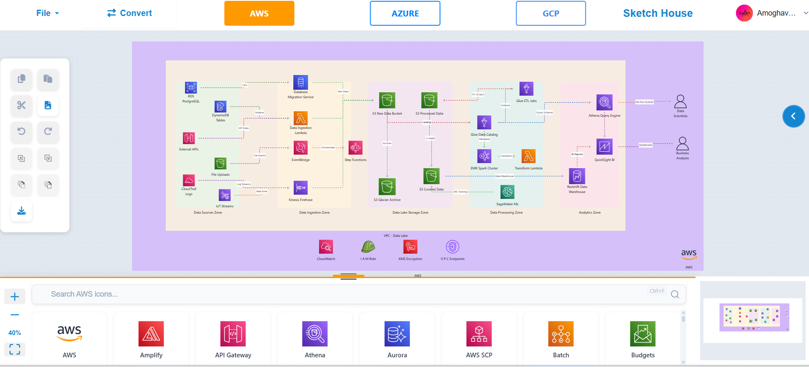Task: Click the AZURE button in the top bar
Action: [405, 13]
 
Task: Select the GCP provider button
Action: [551, 13]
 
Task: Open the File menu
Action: [47, 13]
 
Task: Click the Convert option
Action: [130, 13]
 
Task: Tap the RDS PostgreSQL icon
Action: [191, 88]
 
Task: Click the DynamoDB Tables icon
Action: [220, 107]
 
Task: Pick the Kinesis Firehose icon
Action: [300, 188]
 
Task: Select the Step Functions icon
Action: [355, 148]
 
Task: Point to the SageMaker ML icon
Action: [507, 192]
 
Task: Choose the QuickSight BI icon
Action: [604, 147]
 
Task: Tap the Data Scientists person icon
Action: [680, 102]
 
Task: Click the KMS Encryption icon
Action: [410, 247]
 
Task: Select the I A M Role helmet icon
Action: [368, 247]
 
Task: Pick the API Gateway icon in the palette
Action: [233, 334]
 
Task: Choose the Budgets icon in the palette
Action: [643, 334]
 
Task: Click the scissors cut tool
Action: [22, 105]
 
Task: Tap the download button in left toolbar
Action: [22, 211]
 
